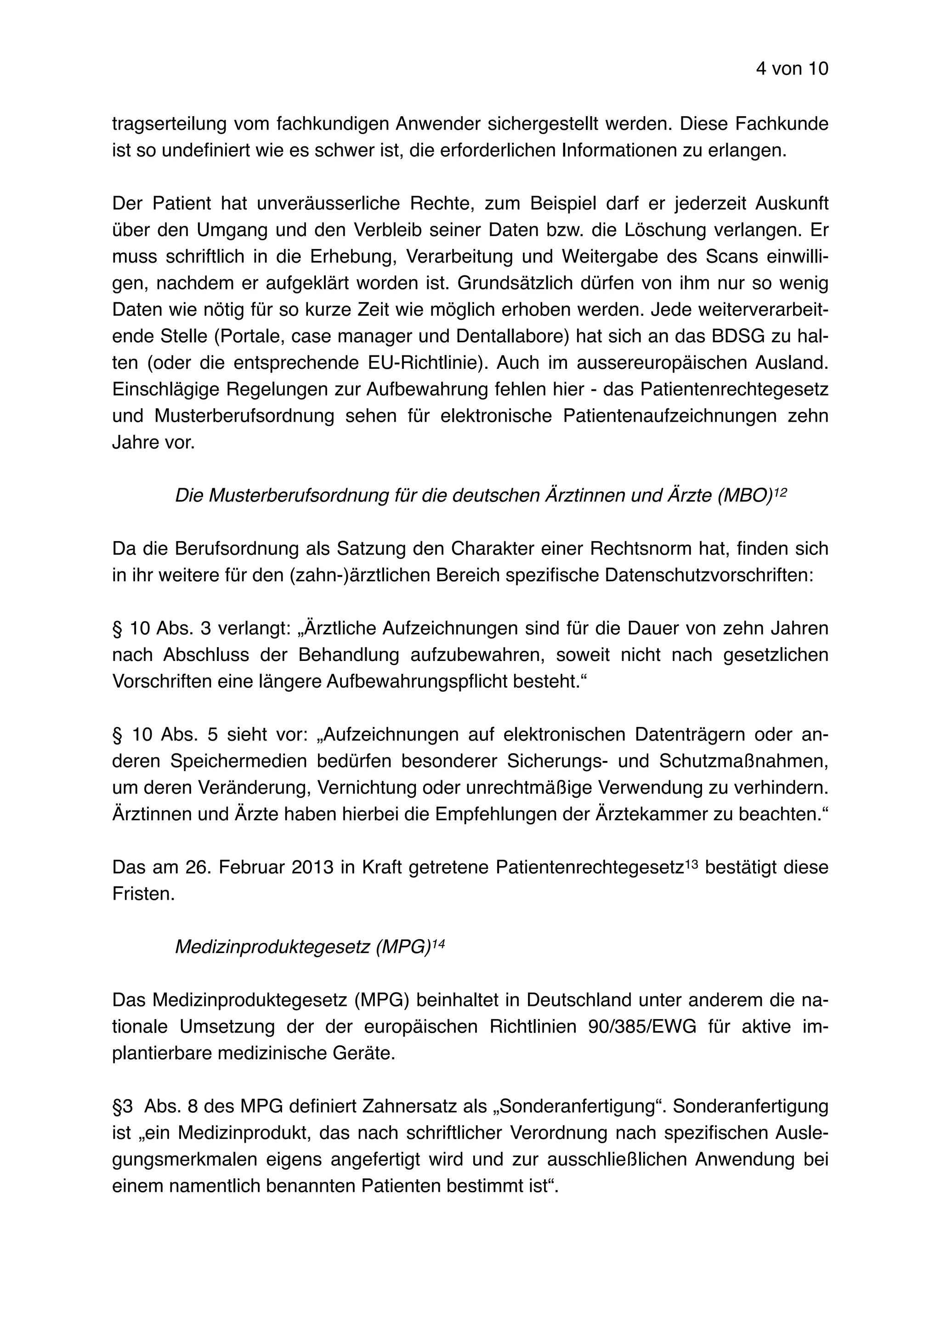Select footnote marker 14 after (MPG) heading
(x=438, y=943)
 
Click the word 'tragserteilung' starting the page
(x=169, y=124)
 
